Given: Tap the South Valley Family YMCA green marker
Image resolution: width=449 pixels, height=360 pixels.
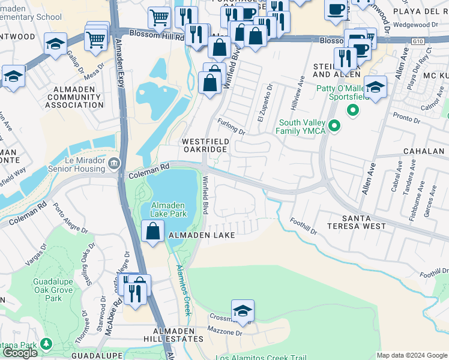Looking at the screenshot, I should click(x=335, y=126).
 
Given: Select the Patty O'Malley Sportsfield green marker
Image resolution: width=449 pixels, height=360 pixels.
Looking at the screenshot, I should click(x=353, y=110).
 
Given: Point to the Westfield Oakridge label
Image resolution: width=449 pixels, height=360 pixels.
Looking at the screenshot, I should click(x=205, y=145).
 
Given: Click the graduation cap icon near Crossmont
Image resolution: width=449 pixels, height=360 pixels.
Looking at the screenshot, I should click(x=243, y=311).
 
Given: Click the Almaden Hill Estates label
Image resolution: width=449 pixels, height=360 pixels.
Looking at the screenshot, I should click(x=173, y=335).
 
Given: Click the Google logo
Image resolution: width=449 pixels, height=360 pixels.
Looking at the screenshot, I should click(x=20, y=353).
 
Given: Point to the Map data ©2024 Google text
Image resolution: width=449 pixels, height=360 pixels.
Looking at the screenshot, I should click(x=412, y=355).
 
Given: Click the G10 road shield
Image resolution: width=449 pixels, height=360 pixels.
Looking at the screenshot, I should click(x=418, y=41).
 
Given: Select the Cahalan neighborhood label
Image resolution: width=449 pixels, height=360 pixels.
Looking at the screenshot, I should click(x=425, y=151).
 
